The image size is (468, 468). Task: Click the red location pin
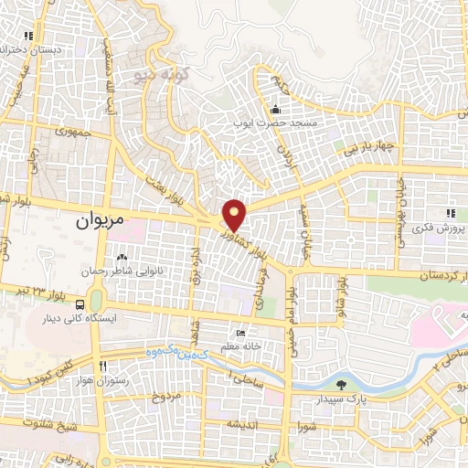(x=235, y=215)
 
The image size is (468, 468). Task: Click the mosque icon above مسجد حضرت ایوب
(x=275, y=111)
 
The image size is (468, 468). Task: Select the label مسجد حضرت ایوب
(x=283, y=122)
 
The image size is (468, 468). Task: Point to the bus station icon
(x=82, y=304)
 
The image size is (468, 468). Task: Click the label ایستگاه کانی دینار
(x=82, y=320)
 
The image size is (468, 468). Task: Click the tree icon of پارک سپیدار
(x=340, y=385)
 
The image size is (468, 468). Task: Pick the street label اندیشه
(x=246, y=424)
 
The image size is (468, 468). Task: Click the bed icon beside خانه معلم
(x=240, y=334)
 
